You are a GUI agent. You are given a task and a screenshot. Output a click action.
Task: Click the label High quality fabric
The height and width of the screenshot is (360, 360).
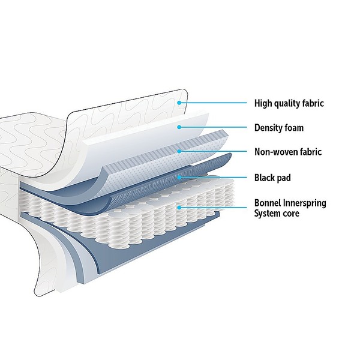tap(289, 103)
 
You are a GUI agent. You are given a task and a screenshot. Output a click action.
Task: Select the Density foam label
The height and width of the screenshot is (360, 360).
tap(279, 128)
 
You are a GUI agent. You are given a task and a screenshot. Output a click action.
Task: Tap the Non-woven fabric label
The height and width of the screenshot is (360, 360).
tap(288, 152)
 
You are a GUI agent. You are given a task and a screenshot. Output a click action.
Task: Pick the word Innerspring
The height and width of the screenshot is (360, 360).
tap(305, 203)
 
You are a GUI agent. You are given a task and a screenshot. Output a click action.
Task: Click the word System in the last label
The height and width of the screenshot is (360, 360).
tap(268, 214)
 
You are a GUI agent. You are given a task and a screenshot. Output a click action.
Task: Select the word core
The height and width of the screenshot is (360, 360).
tap(292, 214)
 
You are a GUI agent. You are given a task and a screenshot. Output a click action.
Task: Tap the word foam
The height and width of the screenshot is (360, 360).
tap(293, 128)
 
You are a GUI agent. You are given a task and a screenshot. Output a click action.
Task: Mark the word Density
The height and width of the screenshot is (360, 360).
tap(269, 128)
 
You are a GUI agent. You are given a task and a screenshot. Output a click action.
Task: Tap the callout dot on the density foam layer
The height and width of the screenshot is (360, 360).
tap(179, 127)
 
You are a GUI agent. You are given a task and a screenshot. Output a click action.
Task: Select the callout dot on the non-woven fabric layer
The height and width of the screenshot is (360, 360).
tap(179, 151)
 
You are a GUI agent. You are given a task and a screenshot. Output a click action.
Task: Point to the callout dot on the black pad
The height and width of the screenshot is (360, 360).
tap(179, 177)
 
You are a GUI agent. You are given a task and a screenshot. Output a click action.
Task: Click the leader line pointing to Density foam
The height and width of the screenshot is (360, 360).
tap(213, 127)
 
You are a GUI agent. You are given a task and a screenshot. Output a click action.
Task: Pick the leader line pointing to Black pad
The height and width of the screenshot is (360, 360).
tap(213, 177)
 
